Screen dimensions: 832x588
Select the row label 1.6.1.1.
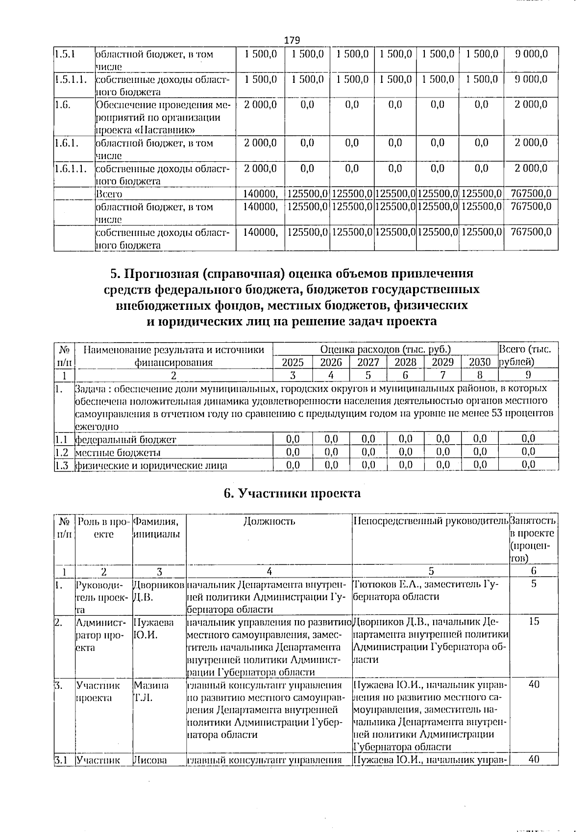72,169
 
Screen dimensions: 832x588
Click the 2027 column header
368,362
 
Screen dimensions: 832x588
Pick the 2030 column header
479,362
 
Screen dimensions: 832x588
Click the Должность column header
269,521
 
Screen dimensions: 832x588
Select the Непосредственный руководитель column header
430,521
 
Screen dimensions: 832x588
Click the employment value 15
534,622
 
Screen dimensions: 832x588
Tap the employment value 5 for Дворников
534,584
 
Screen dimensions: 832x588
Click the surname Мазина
151,685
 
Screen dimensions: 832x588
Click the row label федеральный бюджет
125,439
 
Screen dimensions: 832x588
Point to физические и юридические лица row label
151,465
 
